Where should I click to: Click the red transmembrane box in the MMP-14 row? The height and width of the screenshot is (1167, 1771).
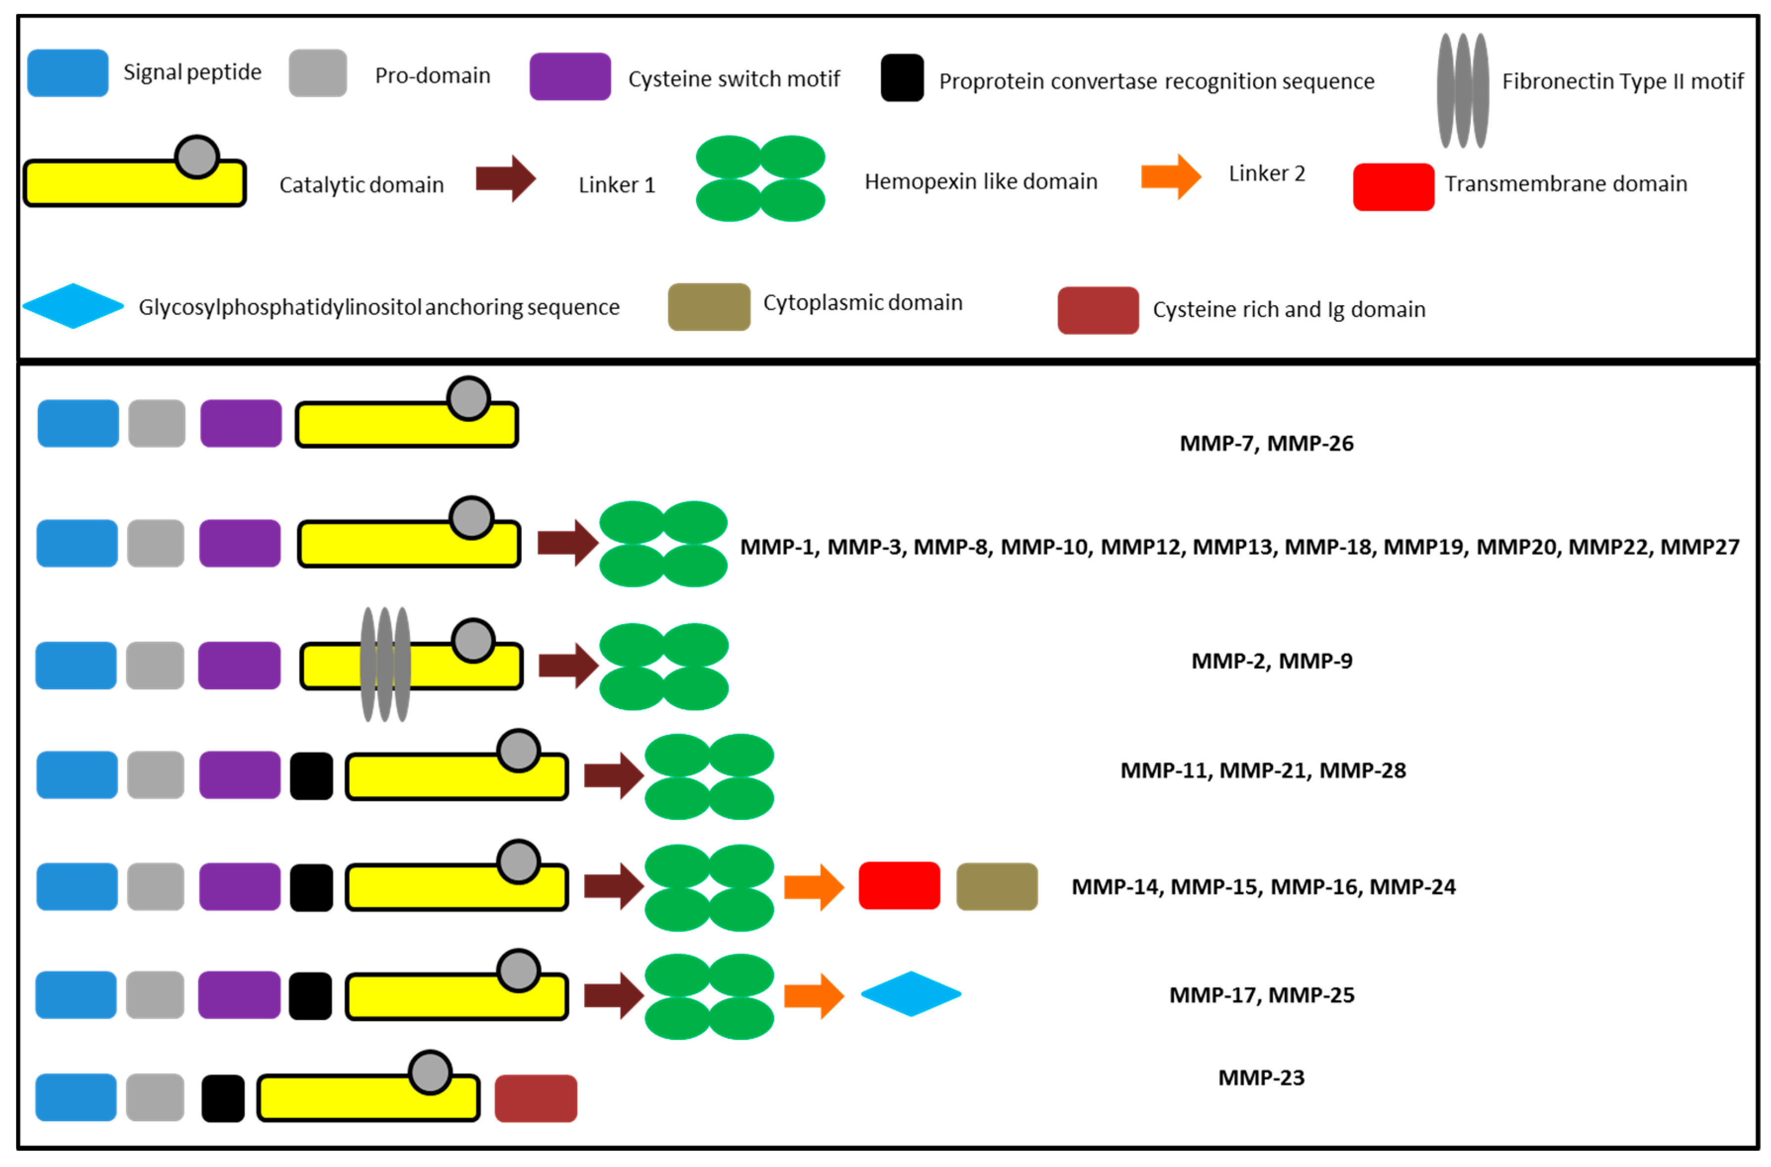coord(898,886)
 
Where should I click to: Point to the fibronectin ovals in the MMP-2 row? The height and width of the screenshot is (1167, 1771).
coord(385,664)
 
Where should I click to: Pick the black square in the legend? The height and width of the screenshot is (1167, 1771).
coord(901,78)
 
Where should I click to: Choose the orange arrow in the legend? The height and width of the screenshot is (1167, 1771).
coord(1170,177)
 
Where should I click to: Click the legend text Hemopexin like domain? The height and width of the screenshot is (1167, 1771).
coord(980,181)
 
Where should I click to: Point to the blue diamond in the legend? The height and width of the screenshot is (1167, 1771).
coord(73,306)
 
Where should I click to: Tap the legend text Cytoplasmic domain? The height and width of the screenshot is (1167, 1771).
coord(862,303)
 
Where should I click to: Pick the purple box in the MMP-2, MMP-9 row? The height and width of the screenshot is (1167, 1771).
coord(239,666)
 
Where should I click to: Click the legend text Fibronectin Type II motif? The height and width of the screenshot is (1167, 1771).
coord(1622,81)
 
